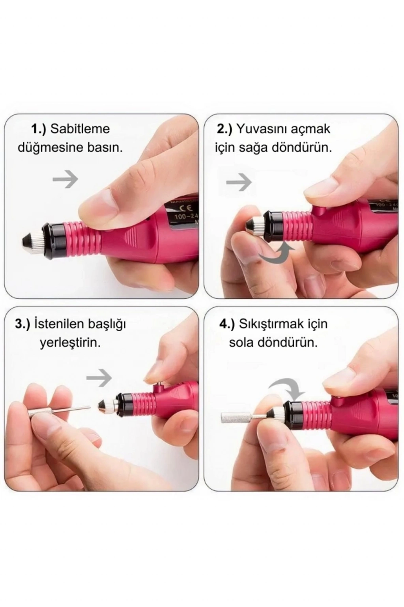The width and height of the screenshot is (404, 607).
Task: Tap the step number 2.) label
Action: [x=224, y=129]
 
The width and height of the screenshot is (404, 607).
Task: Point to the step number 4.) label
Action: [x=227, y=324]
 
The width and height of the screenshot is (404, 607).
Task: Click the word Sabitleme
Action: [x=80, y=129]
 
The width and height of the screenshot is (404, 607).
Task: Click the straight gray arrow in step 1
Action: [x=65, y=179]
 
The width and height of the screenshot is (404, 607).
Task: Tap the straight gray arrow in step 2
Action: [x=239, y=182]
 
